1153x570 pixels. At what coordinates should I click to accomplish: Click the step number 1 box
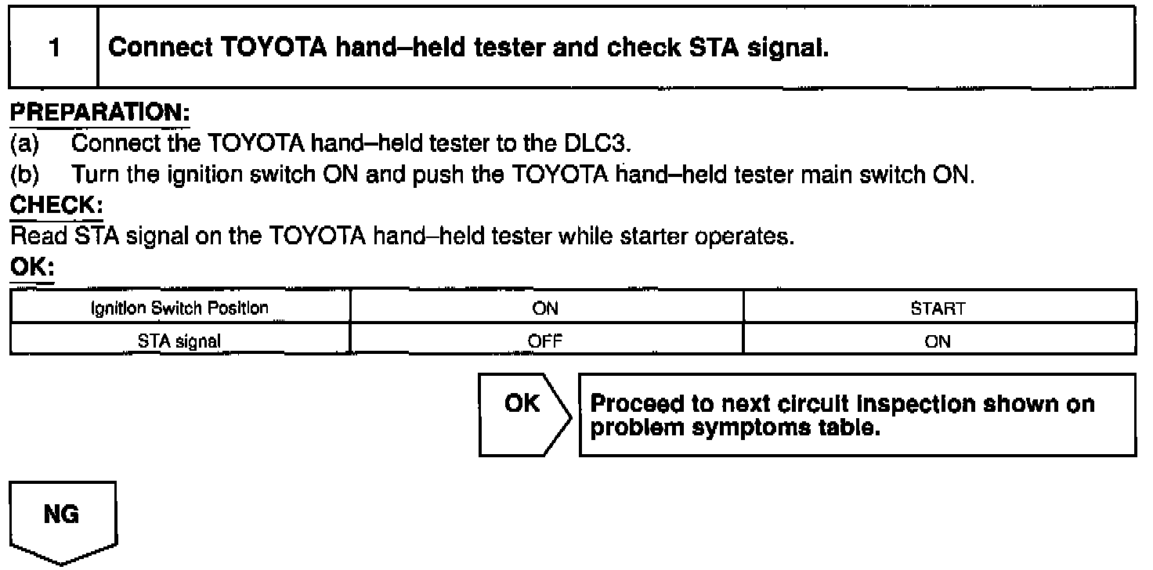tap(53, 48)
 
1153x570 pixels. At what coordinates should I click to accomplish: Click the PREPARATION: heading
tap(99, 114)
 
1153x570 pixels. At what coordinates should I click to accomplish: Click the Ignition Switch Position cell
tap(180, 308)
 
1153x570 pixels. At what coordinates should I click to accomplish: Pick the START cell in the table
tap(938, 308)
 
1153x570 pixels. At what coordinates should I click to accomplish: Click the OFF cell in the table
tap(545, 341)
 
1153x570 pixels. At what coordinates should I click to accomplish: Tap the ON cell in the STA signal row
tap(938, 341)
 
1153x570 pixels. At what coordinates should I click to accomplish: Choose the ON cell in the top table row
tap(545, 308)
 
